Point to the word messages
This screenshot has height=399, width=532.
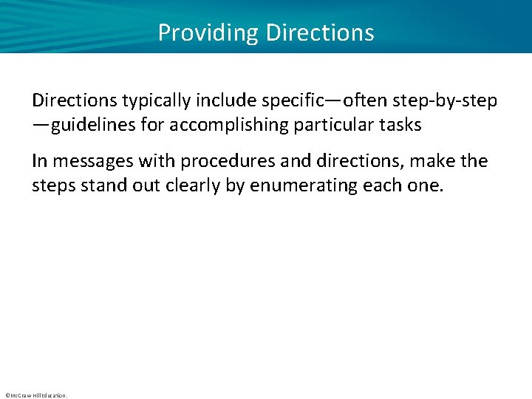click(x=88, y=160)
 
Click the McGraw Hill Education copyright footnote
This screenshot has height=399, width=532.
click(x=35, y=395)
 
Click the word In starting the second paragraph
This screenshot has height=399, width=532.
click(x=40, y=160)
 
